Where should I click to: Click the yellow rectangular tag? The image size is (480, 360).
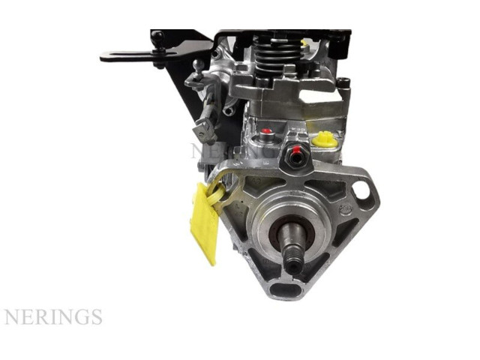click(203, 223)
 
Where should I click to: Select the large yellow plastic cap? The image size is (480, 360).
click(325, 139)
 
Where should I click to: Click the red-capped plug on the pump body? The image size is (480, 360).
click(266, 132)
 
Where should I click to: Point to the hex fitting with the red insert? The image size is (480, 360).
click(295, 157)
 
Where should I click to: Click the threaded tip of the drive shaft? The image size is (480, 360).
click(294, 262)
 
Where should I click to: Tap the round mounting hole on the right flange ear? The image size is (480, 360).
click(360, 190)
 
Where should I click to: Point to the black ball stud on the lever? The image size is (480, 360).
click(157, 38)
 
